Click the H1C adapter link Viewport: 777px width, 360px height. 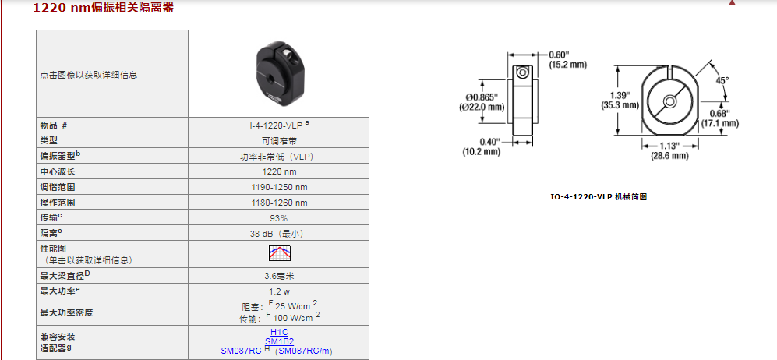[x=279, y=332]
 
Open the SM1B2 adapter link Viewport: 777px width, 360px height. [x=279, y=341]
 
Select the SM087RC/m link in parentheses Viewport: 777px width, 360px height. [x=304, y=351]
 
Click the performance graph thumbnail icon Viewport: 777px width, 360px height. [x=280, y=253]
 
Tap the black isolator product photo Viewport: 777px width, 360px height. [x=278, y=73]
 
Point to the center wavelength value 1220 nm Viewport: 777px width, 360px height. [x=278, y=172]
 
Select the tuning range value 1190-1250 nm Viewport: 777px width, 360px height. [x=278, y=187]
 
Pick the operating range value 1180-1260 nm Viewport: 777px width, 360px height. [x=278, y=203]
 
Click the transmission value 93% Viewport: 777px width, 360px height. [x=278, y=218]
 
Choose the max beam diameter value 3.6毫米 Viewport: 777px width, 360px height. [x=279, y=276]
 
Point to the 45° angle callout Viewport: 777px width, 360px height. [x=722, y=79]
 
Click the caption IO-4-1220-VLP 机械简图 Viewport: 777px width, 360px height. [x=599, y=196]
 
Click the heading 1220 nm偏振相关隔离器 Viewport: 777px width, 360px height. [x=104, y=8]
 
